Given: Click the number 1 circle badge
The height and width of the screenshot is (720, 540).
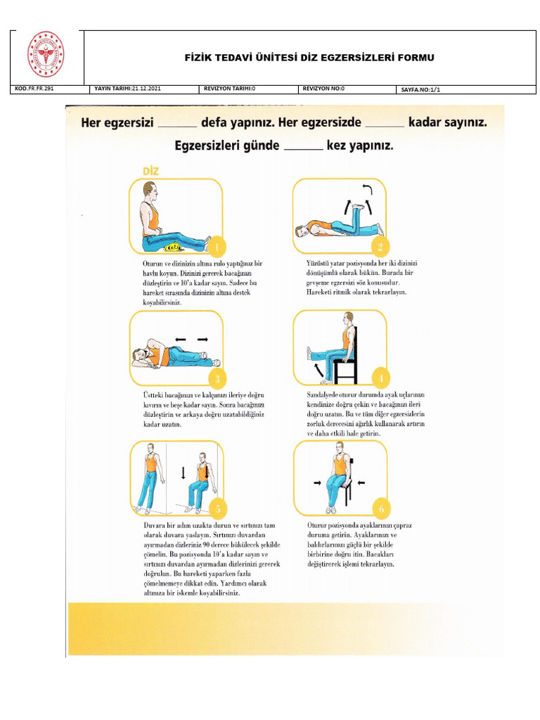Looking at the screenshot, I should click(217, 247).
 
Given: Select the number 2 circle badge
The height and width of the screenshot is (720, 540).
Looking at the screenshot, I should click(380, 247).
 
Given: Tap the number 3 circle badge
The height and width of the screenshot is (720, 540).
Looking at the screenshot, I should click(217, 379).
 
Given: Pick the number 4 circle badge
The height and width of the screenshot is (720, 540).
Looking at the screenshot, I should click(380, 379).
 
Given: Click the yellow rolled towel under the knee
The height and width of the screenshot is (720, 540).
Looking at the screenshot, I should click(171, 247).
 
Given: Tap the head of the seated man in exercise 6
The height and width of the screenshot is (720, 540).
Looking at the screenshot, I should click(340, 447).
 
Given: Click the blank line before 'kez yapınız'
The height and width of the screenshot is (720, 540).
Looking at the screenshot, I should click(302, 148).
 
